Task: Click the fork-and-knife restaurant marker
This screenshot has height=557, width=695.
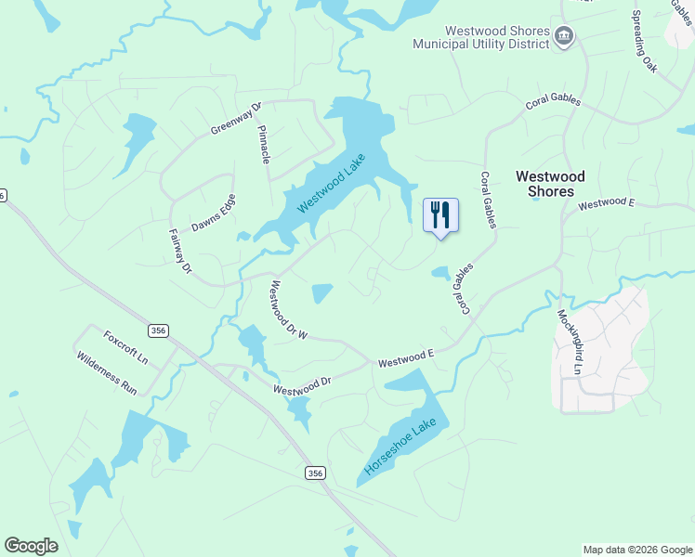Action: coord(440,214)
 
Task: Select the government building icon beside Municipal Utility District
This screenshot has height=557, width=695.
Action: coord(564,37)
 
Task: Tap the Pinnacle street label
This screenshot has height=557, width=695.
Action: coord(263,144)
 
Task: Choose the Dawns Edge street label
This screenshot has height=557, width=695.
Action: coord(214,213)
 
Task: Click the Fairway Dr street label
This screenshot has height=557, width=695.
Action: coord(179,252)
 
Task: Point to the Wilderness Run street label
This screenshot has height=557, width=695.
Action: coord(107,373)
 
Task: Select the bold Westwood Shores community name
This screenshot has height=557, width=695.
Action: coord(551,184)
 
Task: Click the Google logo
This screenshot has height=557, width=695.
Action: coord(31,546)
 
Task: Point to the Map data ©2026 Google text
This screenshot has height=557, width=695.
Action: coord(637,550)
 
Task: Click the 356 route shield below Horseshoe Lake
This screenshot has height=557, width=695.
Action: coord(316,473)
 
